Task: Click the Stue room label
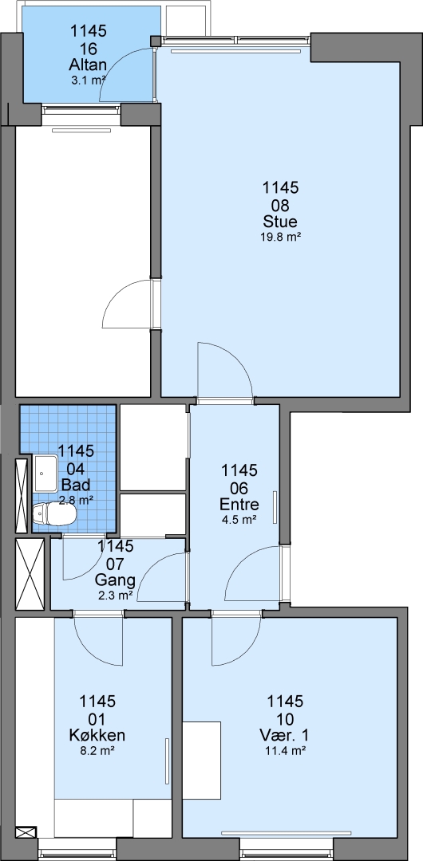coord(280,222)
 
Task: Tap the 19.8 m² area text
coord(280,238)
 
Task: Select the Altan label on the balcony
coord(88,65)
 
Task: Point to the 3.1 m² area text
coord(88,81)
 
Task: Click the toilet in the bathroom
coord(54,514)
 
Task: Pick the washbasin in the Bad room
coord(47,474)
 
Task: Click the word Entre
coord(239,504)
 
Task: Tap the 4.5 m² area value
coord(239,519)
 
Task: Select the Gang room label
coord(115,580)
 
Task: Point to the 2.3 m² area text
coord(115,595)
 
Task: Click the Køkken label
coord(97,735)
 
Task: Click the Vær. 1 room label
coord(285,735)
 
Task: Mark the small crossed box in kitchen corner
coord(26,832)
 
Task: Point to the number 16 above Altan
coord(88,49)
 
